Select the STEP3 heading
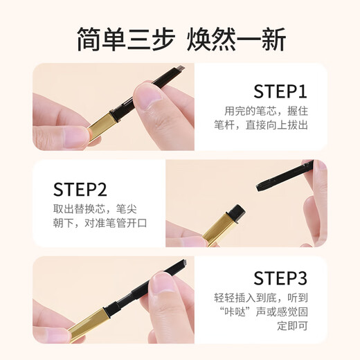[280, 278]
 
